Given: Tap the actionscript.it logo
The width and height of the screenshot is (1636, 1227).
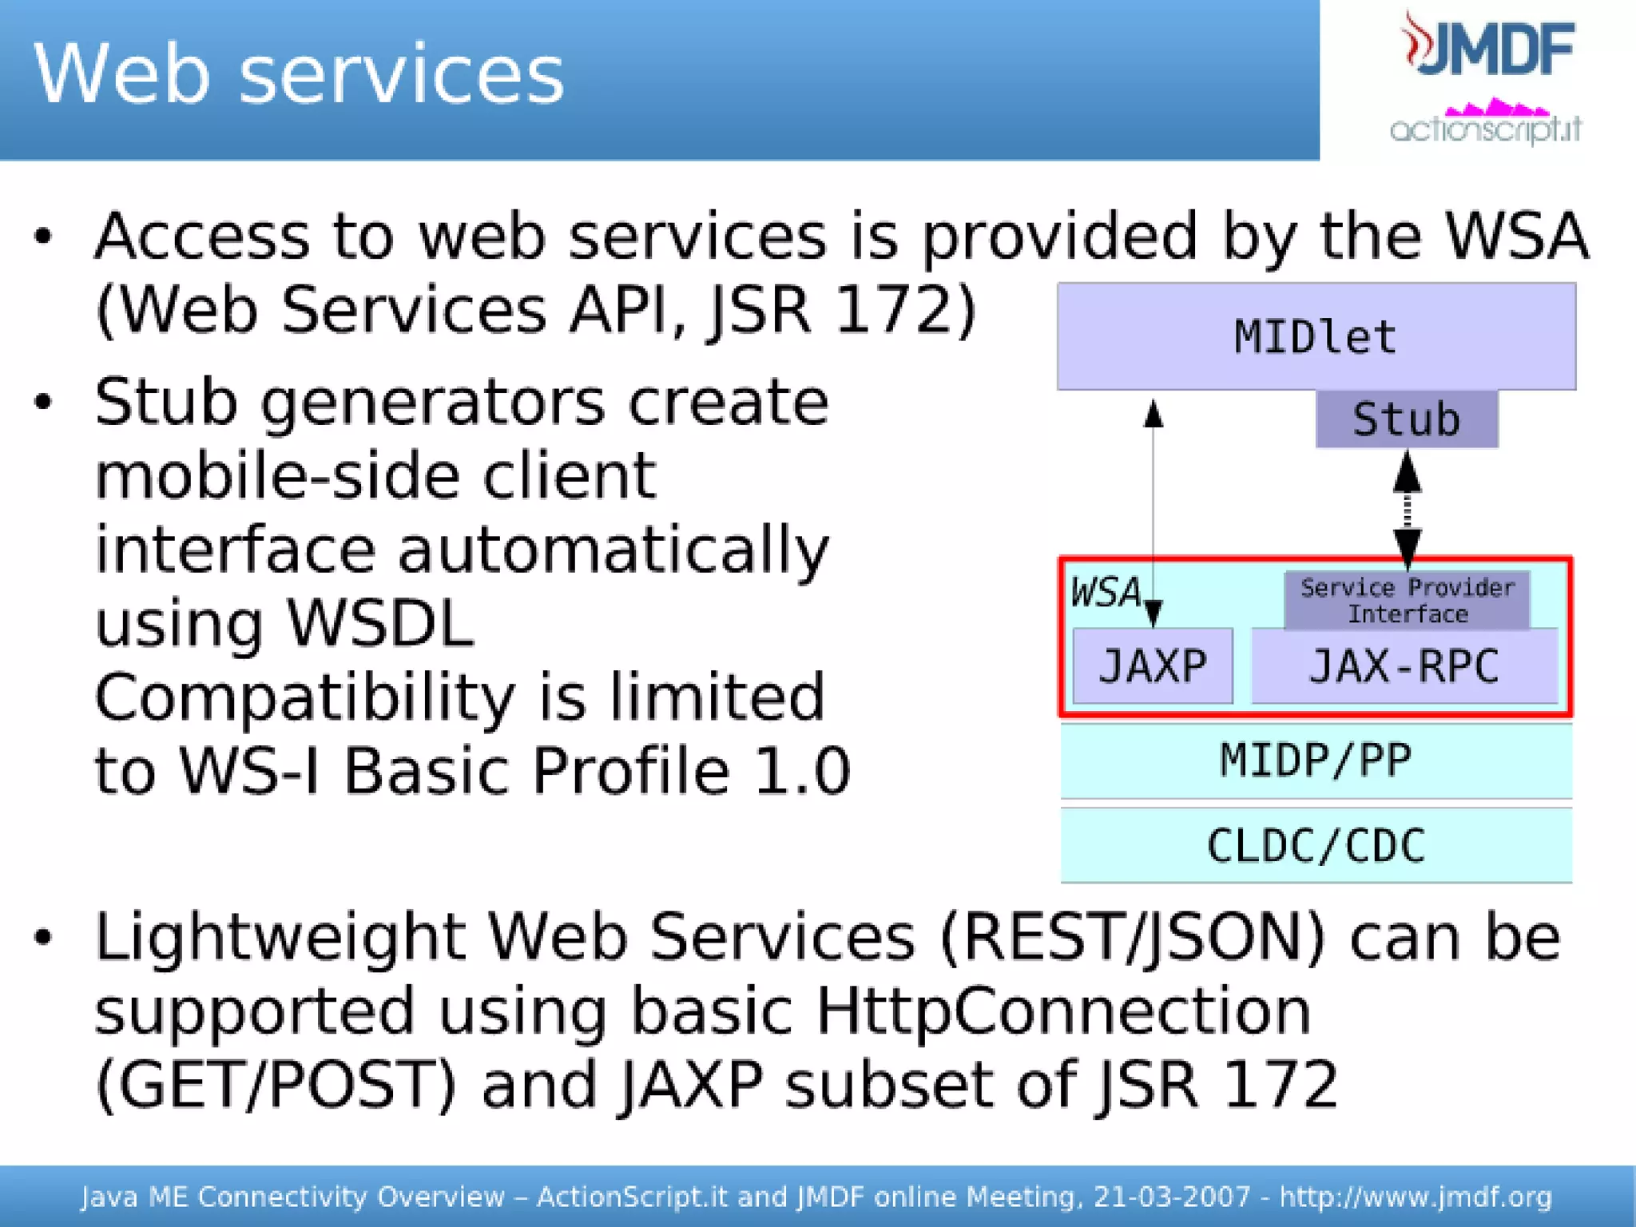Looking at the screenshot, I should coord(1486,125).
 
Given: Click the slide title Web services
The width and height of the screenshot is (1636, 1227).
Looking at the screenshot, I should coord(299,73).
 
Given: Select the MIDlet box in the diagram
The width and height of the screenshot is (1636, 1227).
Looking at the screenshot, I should coord(1316,336).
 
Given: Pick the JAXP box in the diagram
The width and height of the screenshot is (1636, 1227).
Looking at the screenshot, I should coord(1152,666).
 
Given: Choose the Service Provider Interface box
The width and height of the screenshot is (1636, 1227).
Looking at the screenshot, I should coord(1407,600).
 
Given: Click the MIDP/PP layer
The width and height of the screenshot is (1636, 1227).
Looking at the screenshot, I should coord(1316,760).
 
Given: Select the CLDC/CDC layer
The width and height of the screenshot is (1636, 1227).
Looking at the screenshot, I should coord(1316,845).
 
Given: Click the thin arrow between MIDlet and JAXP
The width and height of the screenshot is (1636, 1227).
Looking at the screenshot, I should coord(1153,511).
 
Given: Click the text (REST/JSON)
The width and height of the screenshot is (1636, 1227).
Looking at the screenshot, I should coord(1133,937).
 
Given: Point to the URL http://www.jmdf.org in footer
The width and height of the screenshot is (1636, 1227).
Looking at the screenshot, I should coord(1416,1197).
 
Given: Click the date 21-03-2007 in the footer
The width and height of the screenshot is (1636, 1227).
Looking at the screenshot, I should coord(1171,1197).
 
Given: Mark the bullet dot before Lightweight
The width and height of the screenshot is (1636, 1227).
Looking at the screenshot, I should coord(43,938).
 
